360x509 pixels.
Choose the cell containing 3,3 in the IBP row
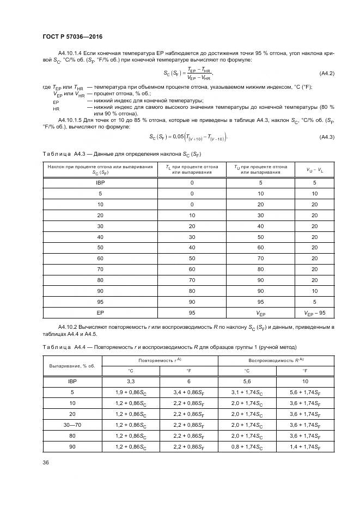[x=131, y=382]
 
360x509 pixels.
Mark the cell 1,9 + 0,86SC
[x=131, y=393]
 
